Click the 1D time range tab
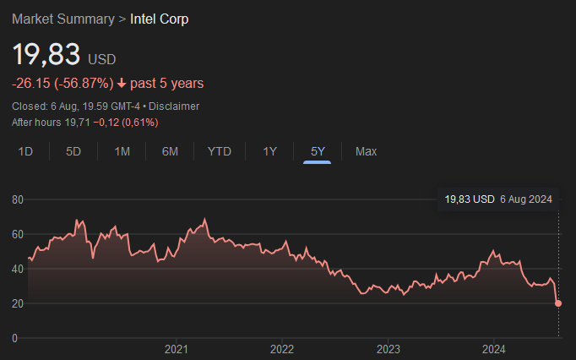click(25, 151)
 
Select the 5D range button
click(73, 151)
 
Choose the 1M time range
click(122, 151)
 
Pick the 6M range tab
click(170, 151)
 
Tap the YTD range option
click(220, 151)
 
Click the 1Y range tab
click(269, 151)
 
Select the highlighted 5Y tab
click(318, 151)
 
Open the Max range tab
click(366, 151)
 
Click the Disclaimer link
click(175, 106)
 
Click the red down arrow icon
click(122, 83)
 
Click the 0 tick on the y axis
click(14, 338)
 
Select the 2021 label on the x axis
click(176, 348)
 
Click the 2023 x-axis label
click(388, 348)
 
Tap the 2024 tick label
click(493, 348)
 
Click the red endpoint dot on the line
click(558, 303)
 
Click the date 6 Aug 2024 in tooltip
click(526, 199)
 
